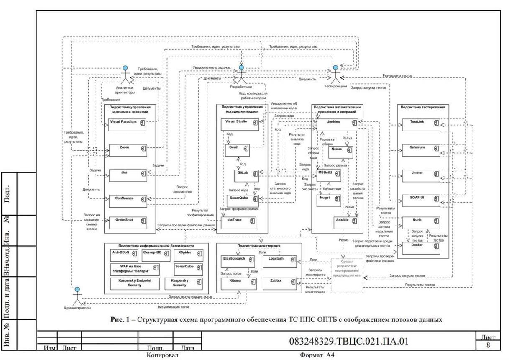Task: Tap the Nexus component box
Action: click(x=341, y=152)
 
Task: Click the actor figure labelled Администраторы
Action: click(x=77, y=296)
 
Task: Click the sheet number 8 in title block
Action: click(x=488, y=345)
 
